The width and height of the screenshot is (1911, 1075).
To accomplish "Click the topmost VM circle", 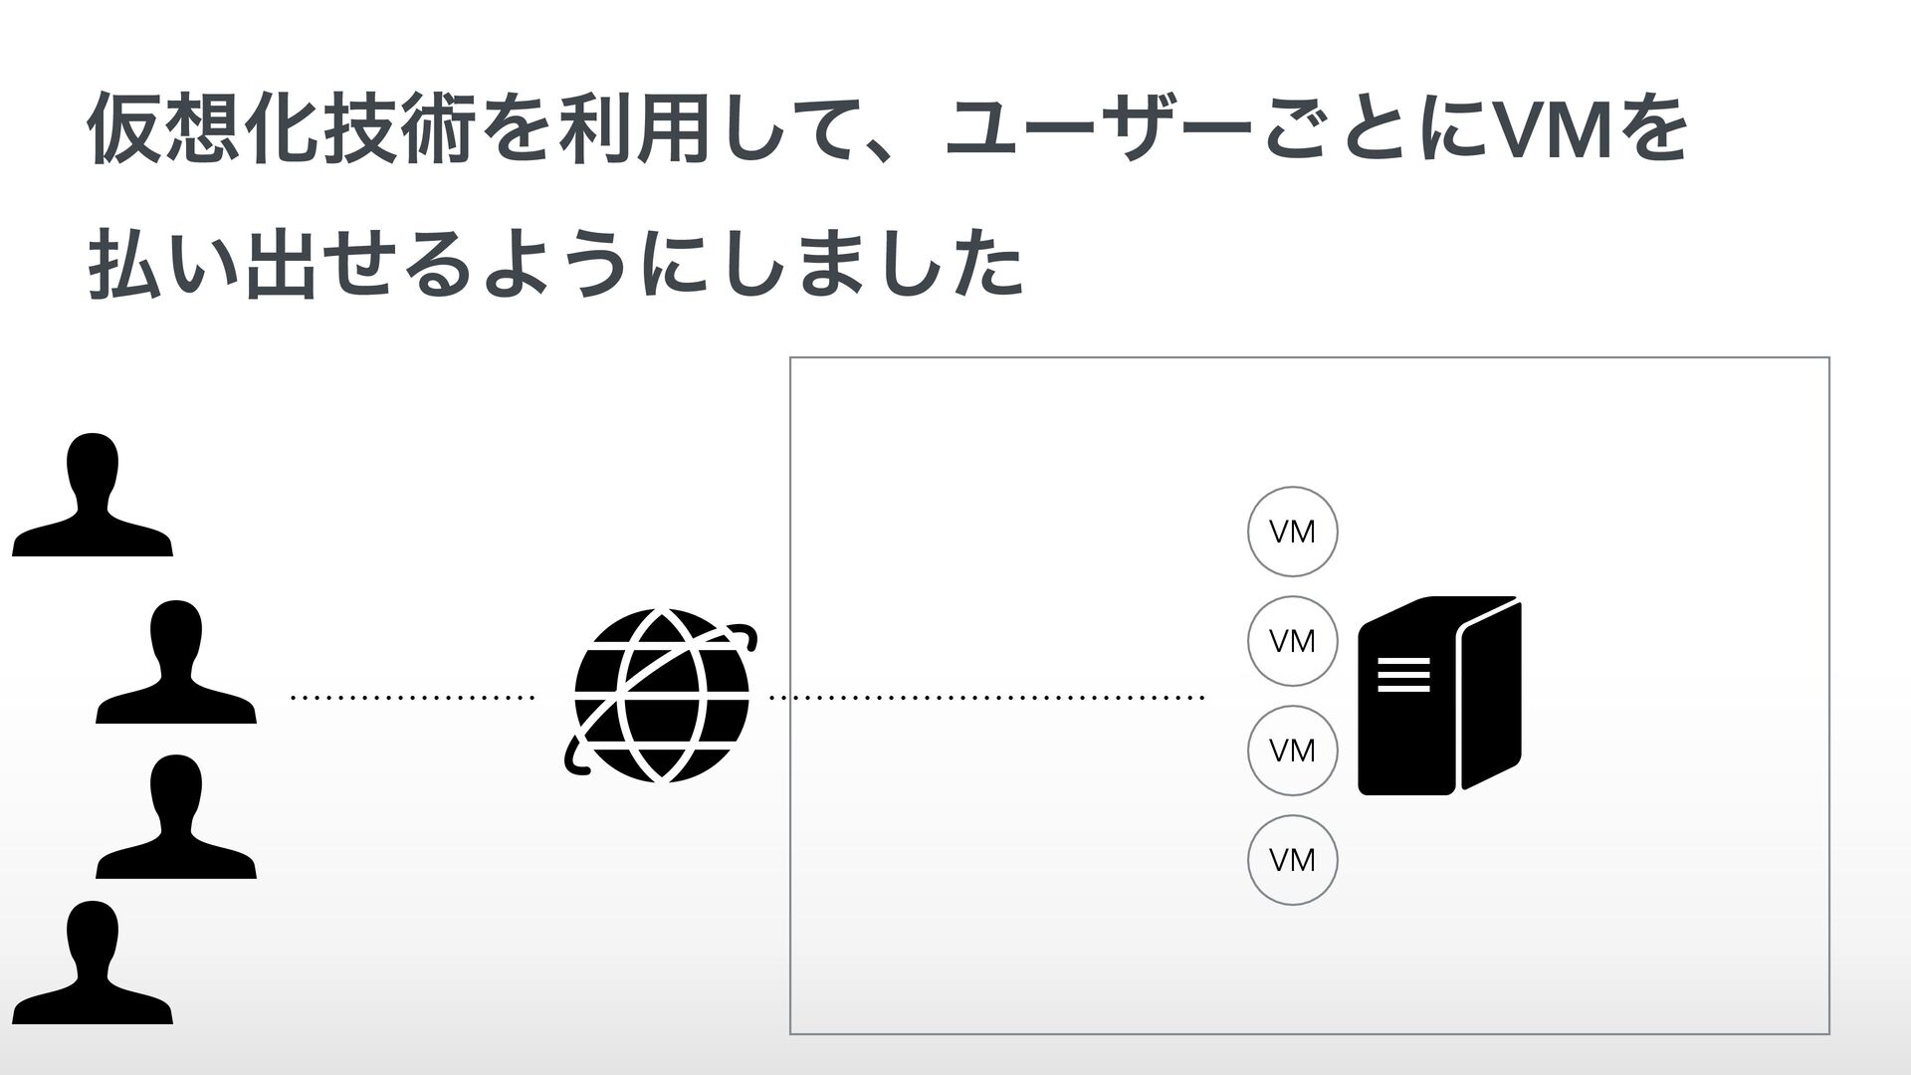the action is click(1292, 533).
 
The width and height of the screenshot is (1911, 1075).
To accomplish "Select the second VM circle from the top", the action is click(1292, 641).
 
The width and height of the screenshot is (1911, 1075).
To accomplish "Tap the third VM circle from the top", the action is click(1292, 751).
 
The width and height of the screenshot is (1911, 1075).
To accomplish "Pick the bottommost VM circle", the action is click(1292, 860).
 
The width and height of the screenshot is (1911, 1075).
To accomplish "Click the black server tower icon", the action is click(1439, 697).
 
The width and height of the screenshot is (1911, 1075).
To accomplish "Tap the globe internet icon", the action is click(660, 696).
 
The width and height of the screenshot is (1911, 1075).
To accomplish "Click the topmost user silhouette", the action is click(93, 498).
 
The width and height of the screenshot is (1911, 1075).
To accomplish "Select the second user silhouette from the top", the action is click(176, 665).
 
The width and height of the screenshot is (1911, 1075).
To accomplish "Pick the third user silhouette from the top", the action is click(176, 820).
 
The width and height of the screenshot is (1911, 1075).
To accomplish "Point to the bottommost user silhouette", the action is click(93, 966).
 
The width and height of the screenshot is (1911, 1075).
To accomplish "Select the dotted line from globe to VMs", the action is click(985, 699).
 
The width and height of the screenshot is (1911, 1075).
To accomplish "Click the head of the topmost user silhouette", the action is click(93, 466).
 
